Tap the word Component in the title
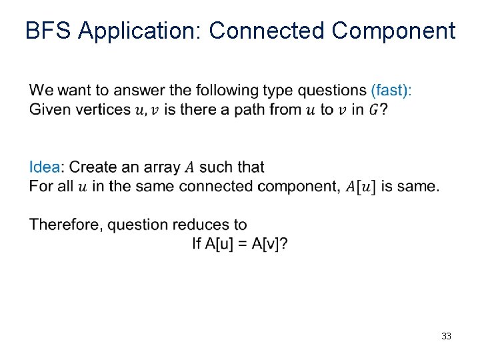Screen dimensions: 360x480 [393, 31]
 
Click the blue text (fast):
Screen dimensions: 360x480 [391, 90]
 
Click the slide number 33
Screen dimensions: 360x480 [446, 336]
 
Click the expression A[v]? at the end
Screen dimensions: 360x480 [270, 244]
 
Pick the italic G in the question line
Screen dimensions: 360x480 [375, 109]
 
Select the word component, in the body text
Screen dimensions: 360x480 [299, 187]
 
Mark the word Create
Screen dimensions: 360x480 [93, 167]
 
